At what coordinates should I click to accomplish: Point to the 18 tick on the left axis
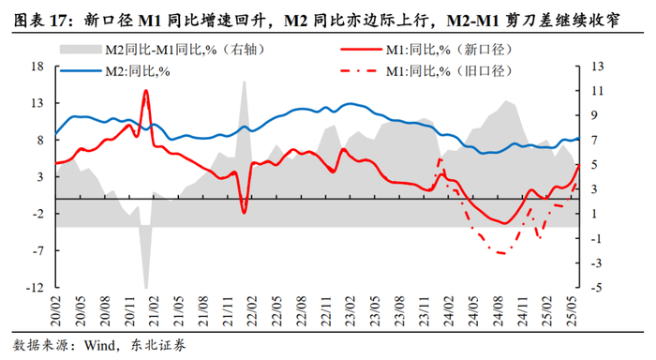pyautogui.click(x=37, y=67)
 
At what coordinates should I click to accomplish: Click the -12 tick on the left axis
pyautogui.click(x=35, y=287)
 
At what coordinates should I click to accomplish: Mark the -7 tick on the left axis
pyautogui.click(x=37, y=250)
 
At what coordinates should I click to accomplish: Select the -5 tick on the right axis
pyautogui.click(x=596, y=287)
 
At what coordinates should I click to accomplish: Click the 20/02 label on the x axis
pyautogui.click(x=55, y=310)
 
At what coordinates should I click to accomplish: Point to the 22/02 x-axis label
pyautogui.click(x=252, y=310)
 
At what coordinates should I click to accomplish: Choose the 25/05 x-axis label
pyautogui.click(x=571, y=310)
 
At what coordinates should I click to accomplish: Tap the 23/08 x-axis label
pyautogui.click(x=399, y=310)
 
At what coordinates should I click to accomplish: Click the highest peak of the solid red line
pyautogui.click(x=145, y=90)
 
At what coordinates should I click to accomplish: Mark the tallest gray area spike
pyautogui.click(x=244, y=82)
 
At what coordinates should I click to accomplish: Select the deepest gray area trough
pyautogui.click(x=146, y=288)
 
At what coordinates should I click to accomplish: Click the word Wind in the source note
pyautogui.click(x=99, y=345)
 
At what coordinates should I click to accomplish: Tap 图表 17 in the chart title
pyautogui.click(x=40, y=20)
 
